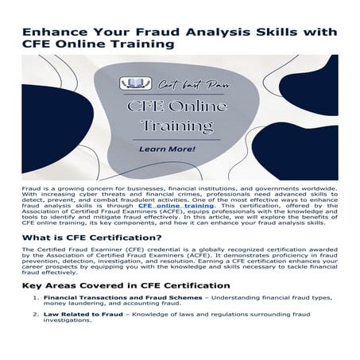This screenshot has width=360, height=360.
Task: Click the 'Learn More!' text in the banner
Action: coord(168,149)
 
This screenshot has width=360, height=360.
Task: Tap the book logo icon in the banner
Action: coord(130,83)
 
